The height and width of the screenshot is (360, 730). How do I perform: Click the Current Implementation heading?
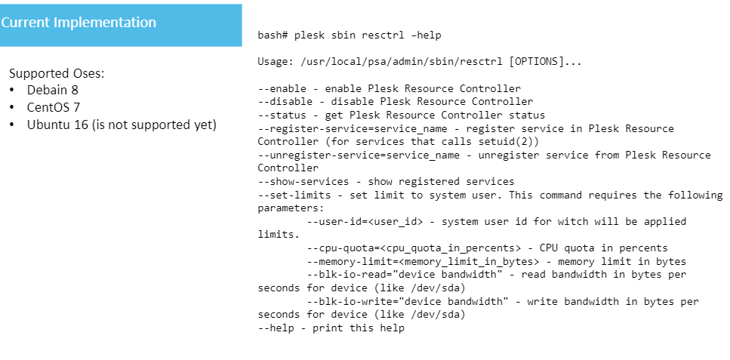tap(79, 23)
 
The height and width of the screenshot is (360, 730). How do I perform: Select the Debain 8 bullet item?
tap(53, 91)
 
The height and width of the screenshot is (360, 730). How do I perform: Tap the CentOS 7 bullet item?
tap(54, 107)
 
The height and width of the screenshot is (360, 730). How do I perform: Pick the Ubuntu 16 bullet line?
tap(122, 125)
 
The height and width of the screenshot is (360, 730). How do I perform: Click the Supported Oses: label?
tap(57, 74)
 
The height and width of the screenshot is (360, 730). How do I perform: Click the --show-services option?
tap(304, 181)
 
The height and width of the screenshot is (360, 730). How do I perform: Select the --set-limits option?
tap(295, 195)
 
